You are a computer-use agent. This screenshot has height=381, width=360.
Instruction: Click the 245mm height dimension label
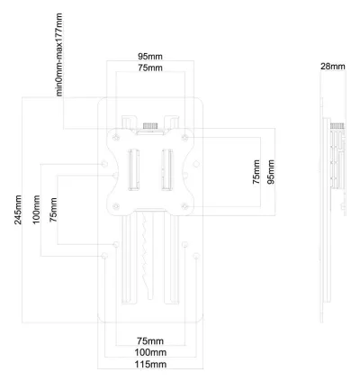tap(18, 210)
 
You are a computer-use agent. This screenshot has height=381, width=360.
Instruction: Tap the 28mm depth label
tap(333, 67)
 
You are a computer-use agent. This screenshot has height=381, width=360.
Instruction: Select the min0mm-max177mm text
tap(59, 54)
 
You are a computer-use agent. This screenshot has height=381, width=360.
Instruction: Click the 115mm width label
tap(150, 365)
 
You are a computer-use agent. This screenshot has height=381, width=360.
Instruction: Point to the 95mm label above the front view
tap(150, 57)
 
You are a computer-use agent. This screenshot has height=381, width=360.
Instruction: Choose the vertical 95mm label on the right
tap(271, 172)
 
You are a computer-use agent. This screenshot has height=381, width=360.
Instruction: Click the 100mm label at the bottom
tap(150, 352)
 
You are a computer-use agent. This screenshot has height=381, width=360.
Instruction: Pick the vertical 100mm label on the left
tap(36, 210)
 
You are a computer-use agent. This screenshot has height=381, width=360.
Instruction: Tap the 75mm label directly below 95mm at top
tap(150, 68)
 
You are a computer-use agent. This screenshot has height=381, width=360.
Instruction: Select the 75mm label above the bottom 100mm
tap(150, 341)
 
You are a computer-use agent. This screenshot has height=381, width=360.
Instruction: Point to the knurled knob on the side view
tap(337, 126)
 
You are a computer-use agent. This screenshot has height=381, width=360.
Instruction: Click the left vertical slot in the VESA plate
tap(134, 169)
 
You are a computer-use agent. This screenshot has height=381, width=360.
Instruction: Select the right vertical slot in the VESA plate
tap(167, 169)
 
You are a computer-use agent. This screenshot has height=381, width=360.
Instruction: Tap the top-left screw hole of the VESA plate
tap(116, 138)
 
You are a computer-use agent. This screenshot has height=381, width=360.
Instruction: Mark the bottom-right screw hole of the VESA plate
tap(185, 206)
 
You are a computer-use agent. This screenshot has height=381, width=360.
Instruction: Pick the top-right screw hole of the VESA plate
tap(185, 138)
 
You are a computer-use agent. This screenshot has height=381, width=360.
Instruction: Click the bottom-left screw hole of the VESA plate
tap(116, 206)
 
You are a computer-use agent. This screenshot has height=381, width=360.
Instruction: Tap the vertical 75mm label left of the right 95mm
tap(256, 172)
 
